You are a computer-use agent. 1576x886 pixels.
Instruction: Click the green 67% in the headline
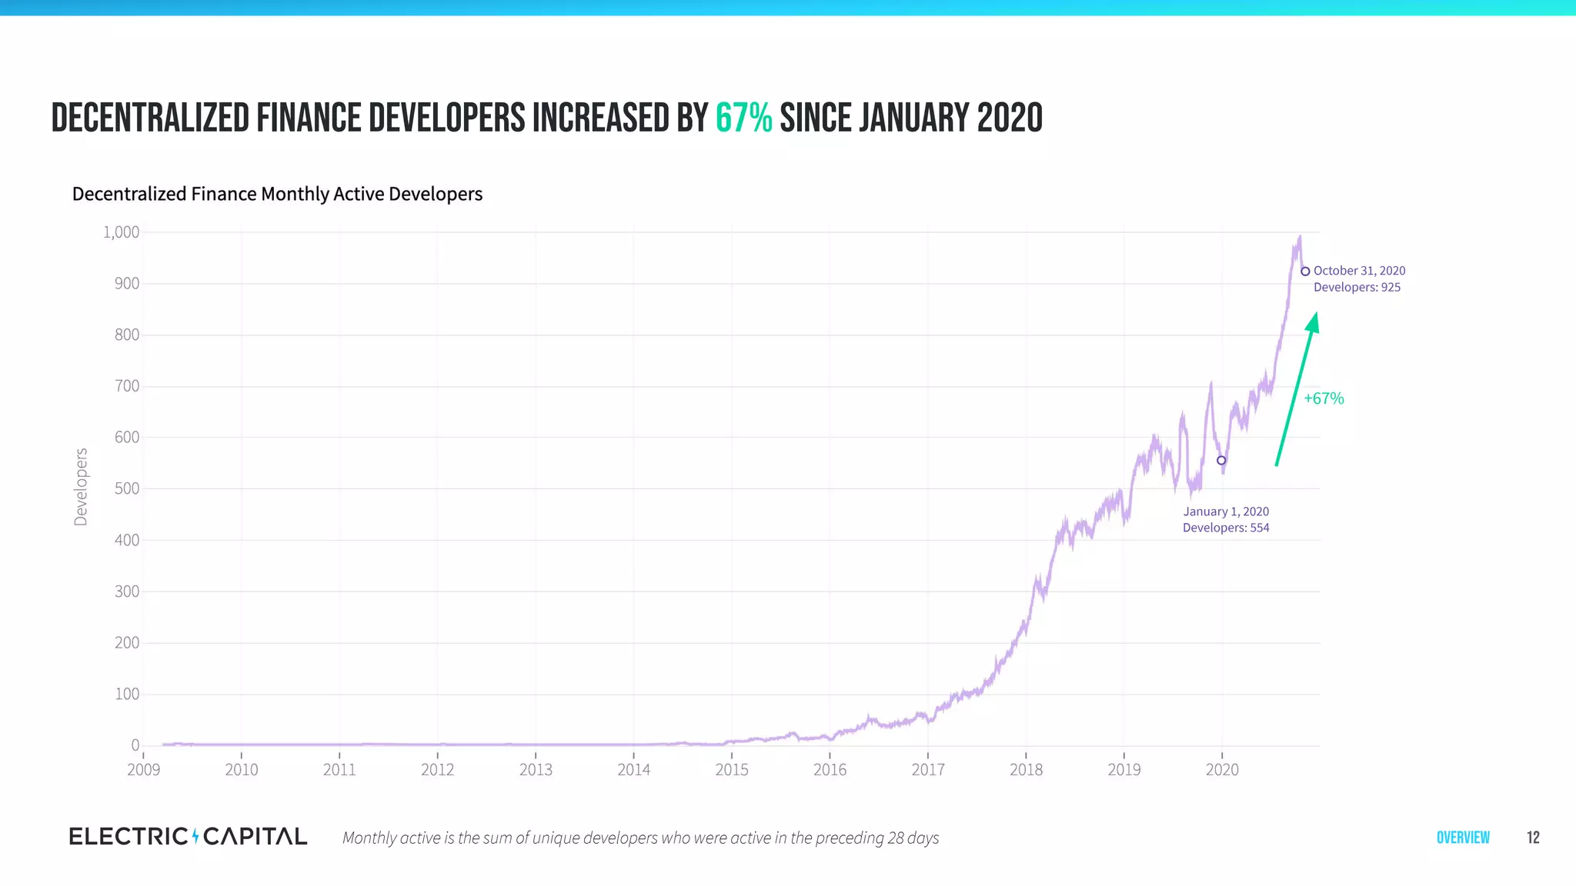pos(743,118)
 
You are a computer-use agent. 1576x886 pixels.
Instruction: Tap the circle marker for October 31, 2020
pos(1305,271)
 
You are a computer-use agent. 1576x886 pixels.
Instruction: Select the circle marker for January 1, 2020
pos(1221,461)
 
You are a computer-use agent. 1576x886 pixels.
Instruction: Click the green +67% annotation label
pos(1324,398)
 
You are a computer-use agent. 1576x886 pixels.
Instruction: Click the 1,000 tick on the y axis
pos(122,232)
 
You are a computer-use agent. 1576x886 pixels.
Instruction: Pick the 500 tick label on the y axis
pos(127,488)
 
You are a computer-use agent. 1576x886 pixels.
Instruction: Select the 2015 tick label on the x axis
pos(731,770)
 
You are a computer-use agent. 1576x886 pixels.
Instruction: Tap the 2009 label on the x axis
pos(143,770)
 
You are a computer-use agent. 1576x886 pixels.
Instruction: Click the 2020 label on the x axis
pos(1222,770)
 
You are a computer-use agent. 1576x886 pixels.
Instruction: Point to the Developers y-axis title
pos(81,487)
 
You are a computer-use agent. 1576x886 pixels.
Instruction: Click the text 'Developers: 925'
pos(1357,288)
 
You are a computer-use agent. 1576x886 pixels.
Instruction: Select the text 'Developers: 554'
pos(1226,528)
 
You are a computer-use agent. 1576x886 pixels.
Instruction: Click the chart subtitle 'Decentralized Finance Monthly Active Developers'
pos(277,194)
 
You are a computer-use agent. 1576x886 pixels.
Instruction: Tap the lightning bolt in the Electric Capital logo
pos(195,836)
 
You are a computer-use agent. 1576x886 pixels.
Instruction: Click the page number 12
pos(1533,838)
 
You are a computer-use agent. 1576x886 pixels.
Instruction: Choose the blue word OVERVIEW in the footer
pos(1463,838)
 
